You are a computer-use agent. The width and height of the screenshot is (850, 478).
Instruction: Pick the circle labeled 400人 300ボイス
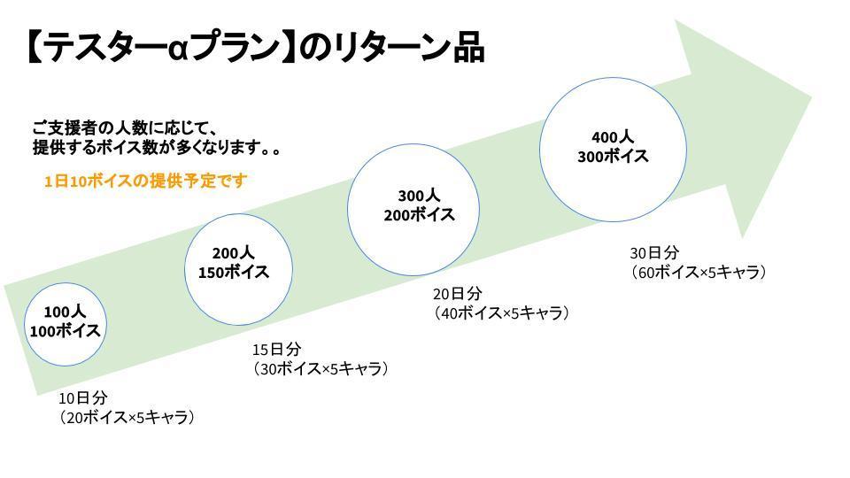point(613,148)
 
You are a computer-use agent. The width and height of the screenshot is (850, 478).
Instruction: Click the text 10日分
point(82,397)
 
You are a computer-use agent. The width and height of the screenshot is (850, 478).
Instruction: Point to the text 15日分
point(276,349)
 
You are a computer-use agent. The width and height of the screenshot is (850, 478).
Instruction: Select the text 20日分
point(457,294)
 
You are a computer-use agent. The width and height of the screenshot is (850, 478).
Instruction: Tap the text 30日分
point(653,252)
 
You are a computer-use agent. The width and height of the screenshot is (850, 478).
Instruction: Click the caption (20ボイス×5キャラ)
point(127,417)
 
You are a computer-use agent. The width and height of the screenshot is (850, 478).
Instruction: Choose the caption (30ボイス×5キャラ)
point(321,368)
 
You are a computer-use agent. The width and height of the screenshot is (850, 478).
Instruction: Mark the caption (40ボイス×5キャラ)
point(500,313)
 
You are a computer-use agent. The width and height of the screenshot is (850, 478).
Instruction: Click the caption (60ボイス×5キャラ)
point(698,272)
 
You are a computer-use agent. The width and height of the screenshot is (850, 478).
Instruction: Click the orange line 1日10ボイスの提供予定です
point(145,181)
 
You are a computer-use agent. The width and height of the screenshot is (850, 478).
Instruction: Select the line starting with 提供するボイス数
point(157,148)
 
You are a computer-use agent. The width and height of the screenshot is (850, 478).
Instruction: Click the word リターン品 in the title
point(408,49)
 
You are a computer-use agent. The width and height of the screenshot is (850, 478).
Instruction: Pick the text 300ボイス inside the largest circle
point(613,157)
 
